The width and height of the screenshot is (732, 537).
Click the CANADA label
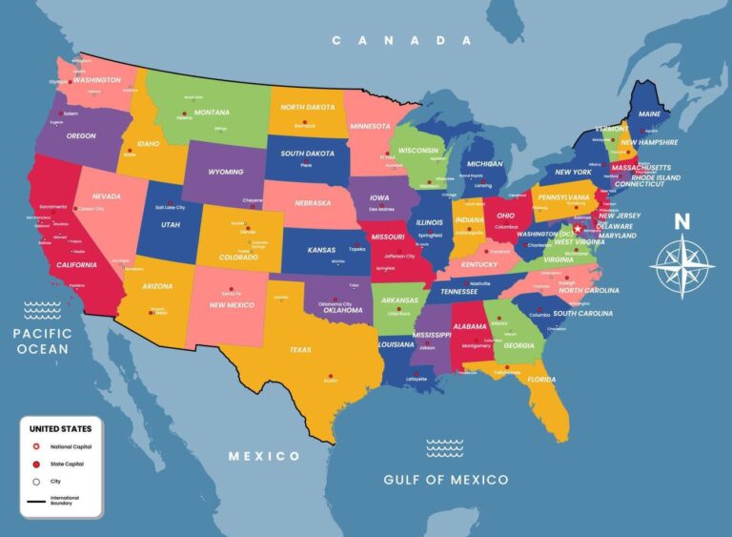pyautogui.click(x=401, y=40)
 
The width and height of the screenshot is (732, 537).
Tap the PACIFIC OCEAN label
pyautogui.click(x=41, y=341)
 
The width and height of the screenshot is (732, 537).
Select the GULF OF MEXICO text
pyautogui.click(x=445, y=479)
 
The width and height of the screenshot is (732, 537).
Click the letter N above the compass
pyautogui.click(x=681, y=221)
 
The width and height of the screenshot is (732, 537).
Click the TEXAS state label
pyautogui.click(x=300, y=350)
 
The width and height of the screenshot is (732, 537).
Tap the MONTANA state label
pyautogui.click(x=212, y=112)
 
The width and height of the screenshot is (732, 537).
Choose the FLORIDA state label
pyautogui.click(x=541, y=380)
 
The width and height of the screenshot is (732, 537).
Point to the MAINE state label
pyautogui.click(x=649, y=114)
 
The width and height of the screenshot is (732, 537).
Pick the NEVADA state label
pyautogui.click(x=106, y=196)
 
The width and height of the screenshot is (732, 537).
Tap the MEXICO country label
pyautogui.click(x=264, y=456)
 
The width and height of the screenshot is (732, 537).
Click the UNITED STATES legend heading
pyautogui.click(x=60, y=429)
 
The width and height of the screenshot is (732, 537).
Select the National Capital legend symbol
pyautogui.click(x=36, y=446)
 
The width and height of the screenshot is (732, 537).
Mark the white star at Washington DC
pyautogui.click(x=576, y=229)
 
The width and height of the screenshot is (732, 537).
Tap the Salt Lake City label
pyautogui.click(x=168, y=207)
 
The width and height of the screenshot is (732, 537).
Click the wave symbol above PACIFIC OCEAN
pyautogui.click(x=42, y=308)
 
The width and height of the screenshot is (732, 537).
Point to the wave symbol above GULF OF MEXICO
pyautogui.click(x=444, y=447)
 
